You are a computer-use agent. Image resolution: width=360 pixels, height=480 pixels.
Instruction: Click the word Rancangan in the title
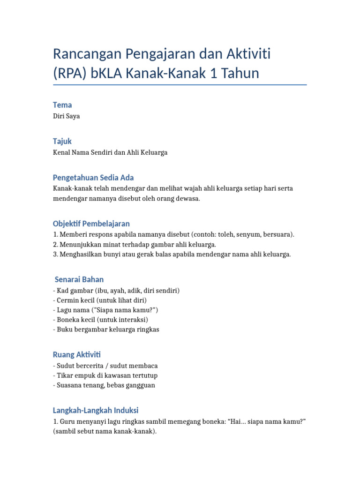click(x=87, y=54)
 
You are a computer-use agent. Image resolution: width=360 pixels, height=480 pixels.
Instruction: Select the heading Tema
click(x=62, y=105)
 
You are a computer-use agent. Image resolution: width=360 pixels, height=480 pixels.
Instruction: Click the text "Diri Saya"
click(x=67, y=116)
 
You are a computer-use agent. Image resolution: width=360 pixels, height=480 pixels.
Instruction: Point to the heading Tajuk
click(x=62, y=141)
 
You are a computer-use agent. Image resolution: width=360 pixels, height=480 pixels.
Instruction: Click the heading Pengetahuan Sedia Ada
click(x=93, y=178)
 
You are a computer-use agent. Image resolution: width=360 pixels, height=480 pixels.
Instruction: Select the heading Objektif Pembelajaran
click(x=91, y=224)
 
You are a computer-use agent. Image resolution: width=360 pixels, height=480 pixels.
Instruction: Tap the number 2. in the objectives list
click(x=55, y=244)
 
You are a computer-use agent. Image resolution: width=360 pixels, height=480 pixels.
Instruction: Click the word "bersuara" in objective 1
click(x=278, y=234)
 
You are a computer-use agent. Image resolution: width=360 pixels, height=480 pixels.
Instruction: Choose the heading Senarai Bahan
click(x=79, y=279)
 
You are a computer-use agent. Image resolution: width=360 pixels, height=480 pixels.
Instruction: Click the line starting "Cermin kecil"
click(x=101, y=300)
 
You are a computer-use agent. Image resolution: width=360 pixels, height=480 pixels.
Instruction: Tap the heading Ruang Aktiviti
click(x=77, y=354)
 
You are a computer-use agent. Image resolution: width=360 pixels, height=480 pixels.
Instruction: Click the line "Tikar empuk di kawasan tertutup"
click(x=106, y=375)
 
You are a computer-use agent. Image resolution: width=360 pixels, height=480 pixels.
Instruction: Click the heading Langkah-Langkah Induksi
click(x=96, y=410)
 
